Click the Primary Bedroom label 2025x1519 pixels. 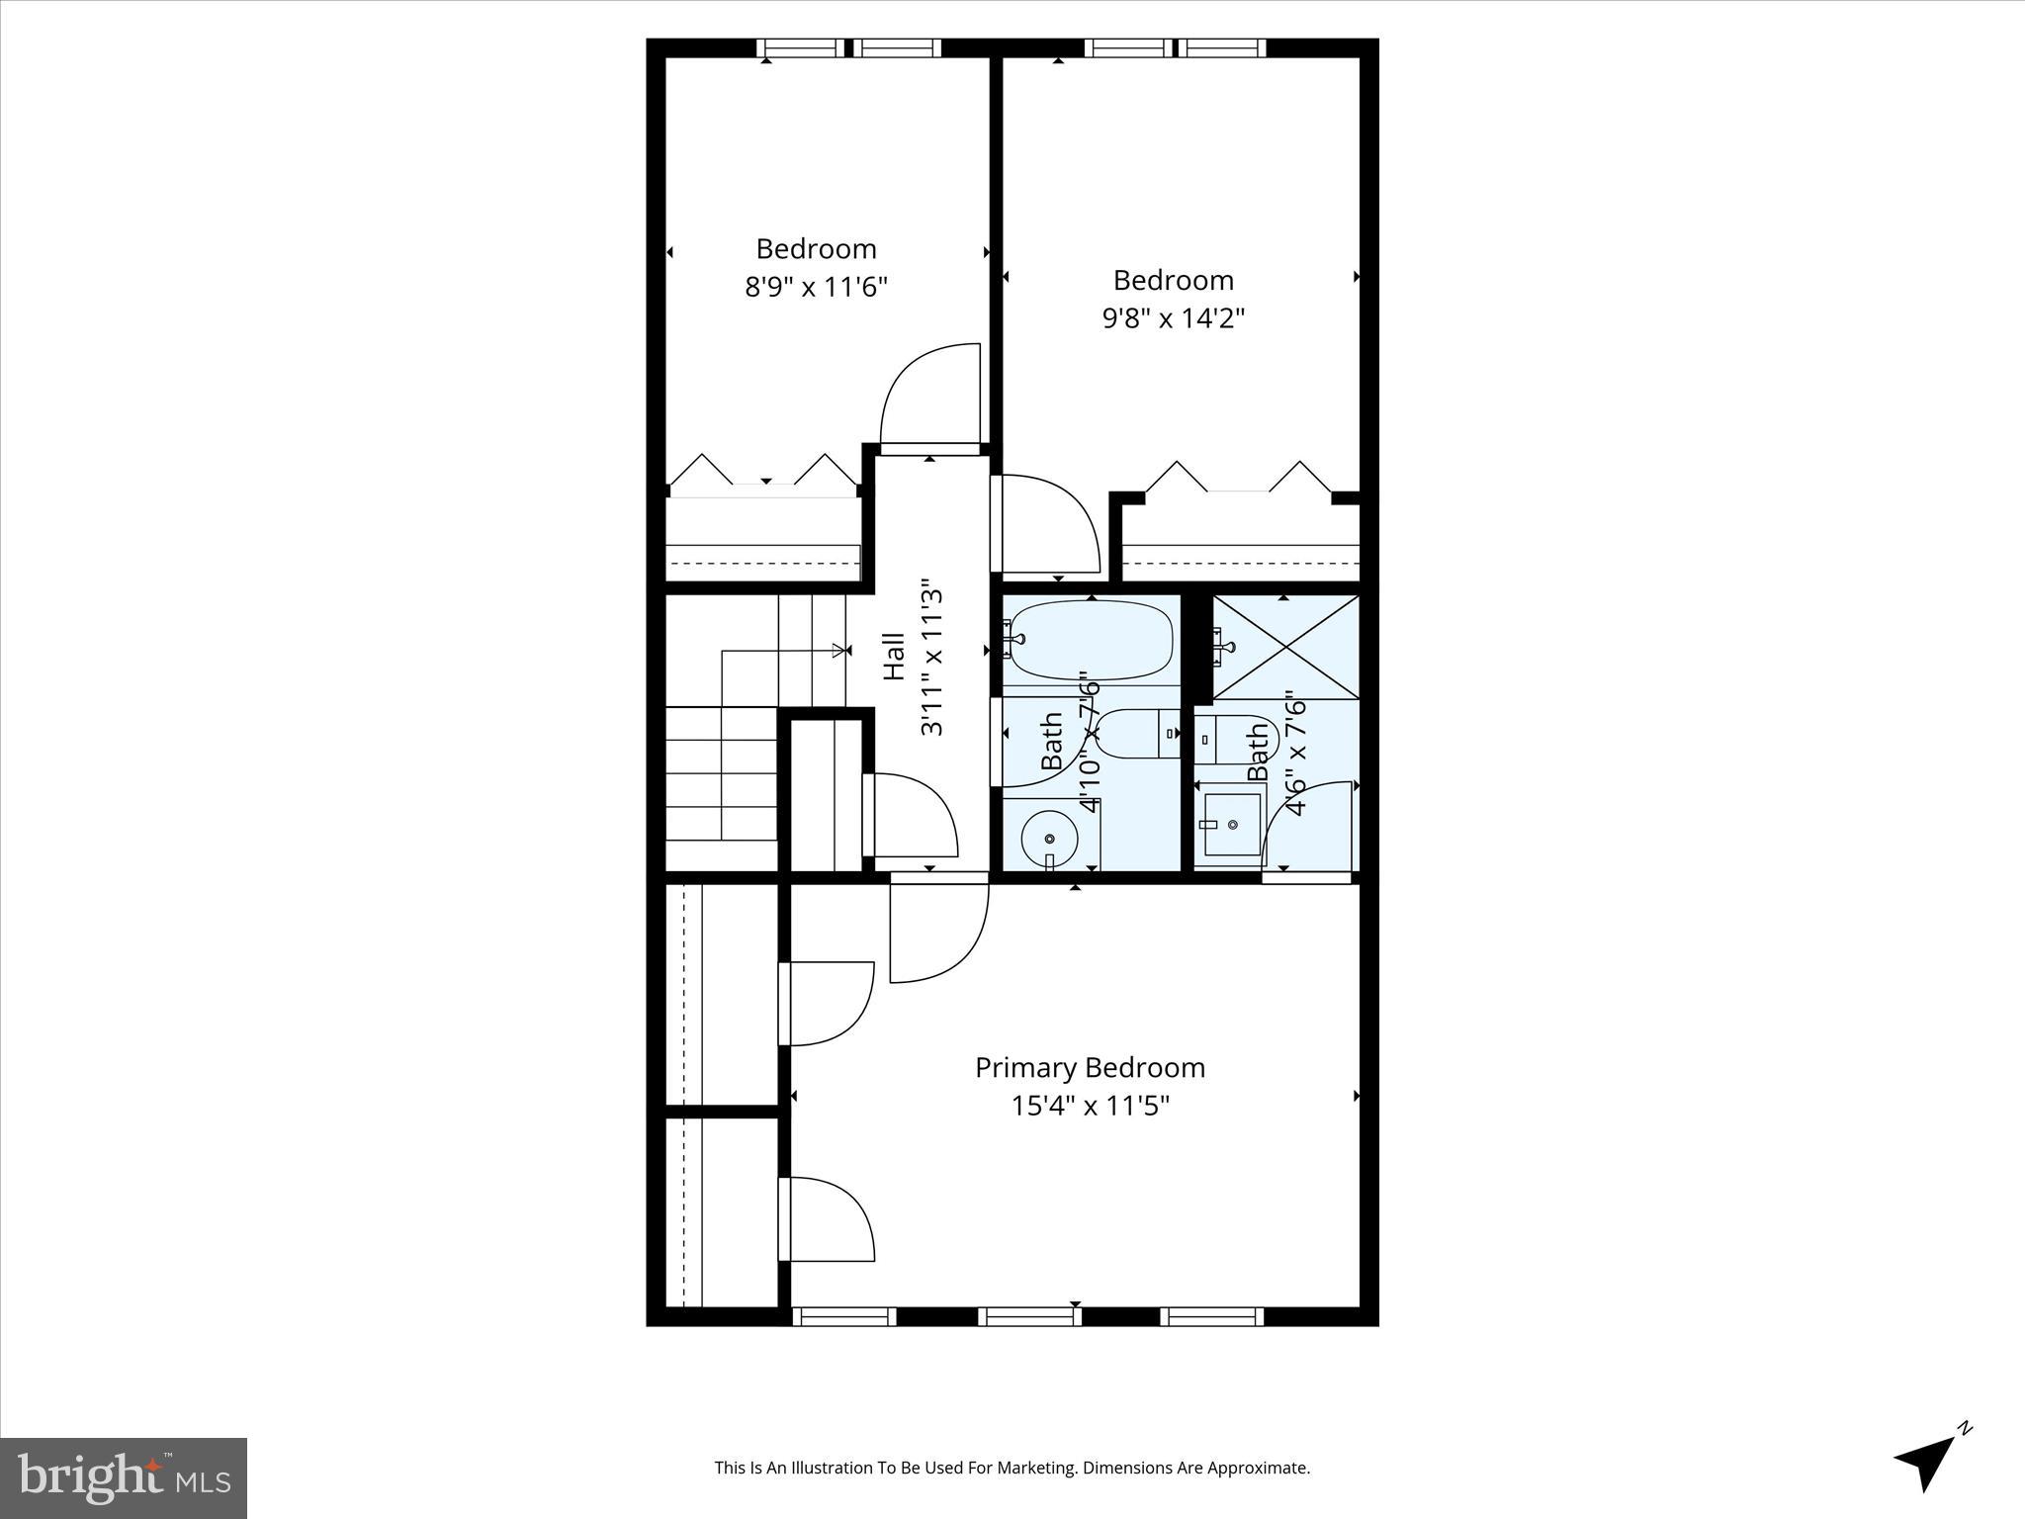pos(1090,1067)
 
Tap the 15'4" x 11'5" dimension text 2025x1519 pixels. pos(1090,1106)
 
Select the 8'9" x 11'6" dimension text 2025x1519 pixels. pos(816,287)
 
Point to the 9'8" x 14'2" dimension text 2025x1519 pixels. pos(1173,318)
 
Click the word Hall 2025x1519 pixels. pos(894,657)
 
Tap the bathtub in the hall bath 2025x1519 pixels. pos(1091,640)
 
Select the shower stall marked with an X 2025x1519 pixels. pos(1285,648)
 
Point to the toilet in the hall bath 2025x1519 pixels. pos(1137,734)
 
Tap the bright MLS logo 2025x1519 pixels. pos(124,1477)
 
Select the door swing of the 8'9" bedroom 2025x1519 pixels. pos(930,396)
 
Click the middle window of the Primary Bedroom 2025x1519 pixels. pos(1029,1315)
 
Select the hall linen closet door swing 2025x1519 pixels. pos(910,816)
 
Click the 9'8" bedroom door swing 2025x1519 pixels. pos(1048,524)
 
